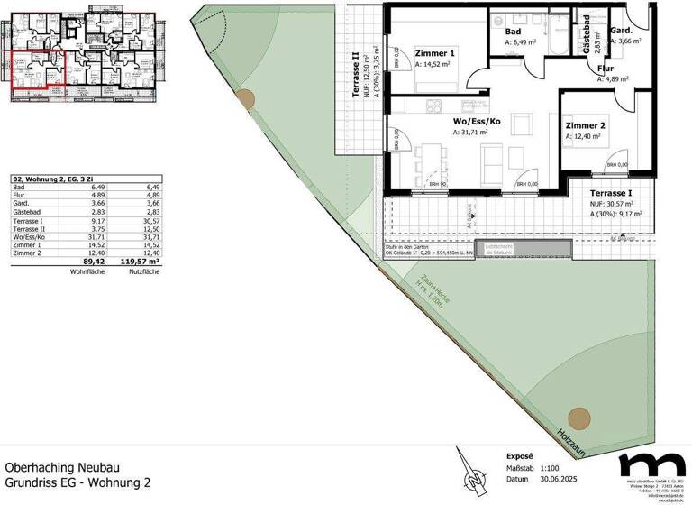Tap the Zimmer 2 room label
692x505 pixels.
pyautogui.click(x=586, y=125)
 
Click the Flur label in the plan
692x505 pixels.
pyautogui.click(x=605, y=68)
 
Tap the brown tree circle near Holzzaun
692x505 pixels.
pyautogui.click(x=579, y=418)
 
